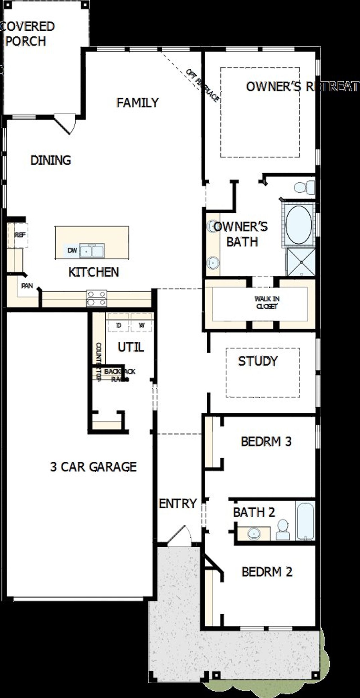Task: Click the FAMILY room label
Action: pyautogui.click(x=138, y=103)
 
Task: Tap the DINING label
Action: pyautogui.click(x=51, y=160)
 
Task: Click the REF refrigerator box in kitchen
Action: pyautogui.click(x=20, y=235)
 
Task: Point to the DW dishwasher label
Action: pyautogui.click(x=72, y=250)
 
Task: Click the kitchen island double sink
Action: pyautogui.click(x=92, y=250)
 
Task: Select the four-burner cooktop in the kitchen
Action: pyautogui.click(x=96, y=298)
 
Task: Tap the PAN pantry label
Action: pyautogui.click(x=27, y=286)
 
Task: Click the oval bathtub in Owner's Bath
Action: pyautogui.click(x=298, y=224)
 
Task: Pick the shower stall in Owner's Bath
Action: pyautogui.click(x=301, y=262)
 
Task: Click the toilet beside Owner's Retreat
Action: pyautogui.click(x=304, y=187)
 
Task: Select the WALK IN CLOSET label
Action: pyautogui.click(x=267, y=302)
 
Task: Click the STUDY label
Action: pyautogui.click(x=258, y=361)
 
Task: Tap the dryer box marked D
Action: pyautogui.click(x=118, y=326)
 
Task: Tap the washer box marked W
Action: pyautogui.click(x=142, y=326)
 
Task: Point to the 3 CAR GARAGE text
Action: pyautogui.click(x=93, y=467)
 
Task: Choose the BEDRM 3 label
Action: pyautogui.click(x=266, y=442)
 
